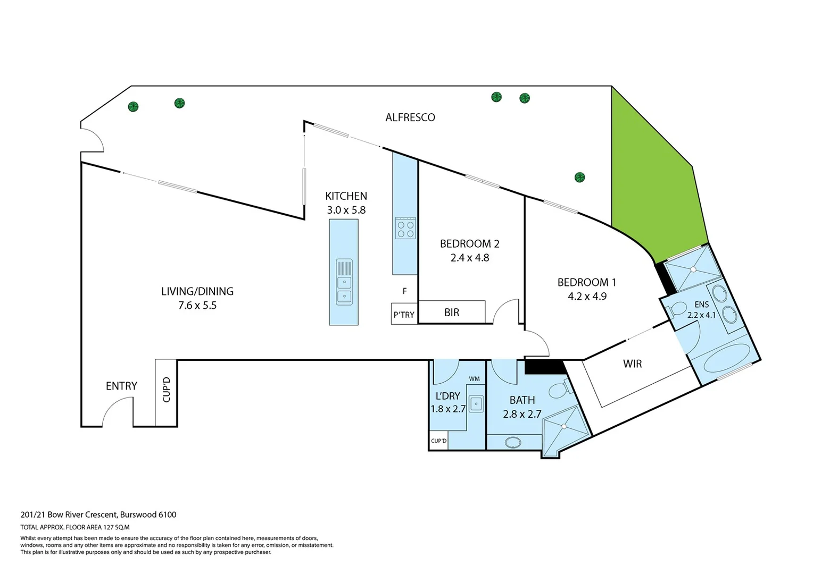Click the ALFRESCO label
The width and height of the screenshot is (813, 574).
point(410,117)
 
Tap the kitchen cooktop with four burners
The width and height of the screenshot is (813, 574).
point(405,229)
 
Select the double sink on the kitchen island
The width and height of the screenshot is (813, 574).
point(344,289)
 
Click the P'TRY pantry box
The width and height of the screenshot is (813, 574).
point(404,314)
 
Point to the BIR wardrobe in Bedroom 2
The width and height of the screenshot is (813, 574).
point(452,313)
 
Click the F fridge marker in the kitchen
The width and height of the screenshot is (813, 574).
point(404,291)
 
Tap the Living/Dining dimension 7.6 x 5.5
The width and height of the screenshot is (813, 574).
point(197,306)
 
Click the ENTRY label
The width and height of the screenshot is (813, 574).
point(121,386)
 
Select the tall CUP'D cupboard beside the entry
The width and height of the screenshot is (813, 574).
point(166,392)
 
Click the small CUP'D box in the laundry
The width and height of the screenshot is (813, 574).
point(438,441)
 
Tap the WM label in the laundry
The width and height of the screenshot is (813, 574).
point(474,379)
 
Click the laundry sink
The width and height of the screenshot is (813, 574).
point(476,404)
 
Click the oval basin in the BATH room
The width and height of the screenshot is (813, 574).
point(513,442)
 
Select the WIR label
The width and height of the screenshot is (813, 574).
point(632,364)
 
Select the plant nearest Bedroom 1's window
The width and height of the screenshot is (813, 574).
point(579,177)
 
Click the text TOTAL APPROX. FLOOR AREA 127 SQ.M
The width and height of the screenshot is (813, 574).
point(75,527)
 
